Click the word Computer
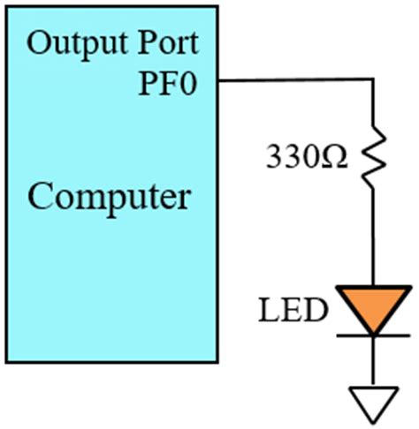click(108, 196)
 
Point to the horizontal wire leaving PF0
click(292, 80)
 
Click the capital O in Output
click(39, 42)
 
